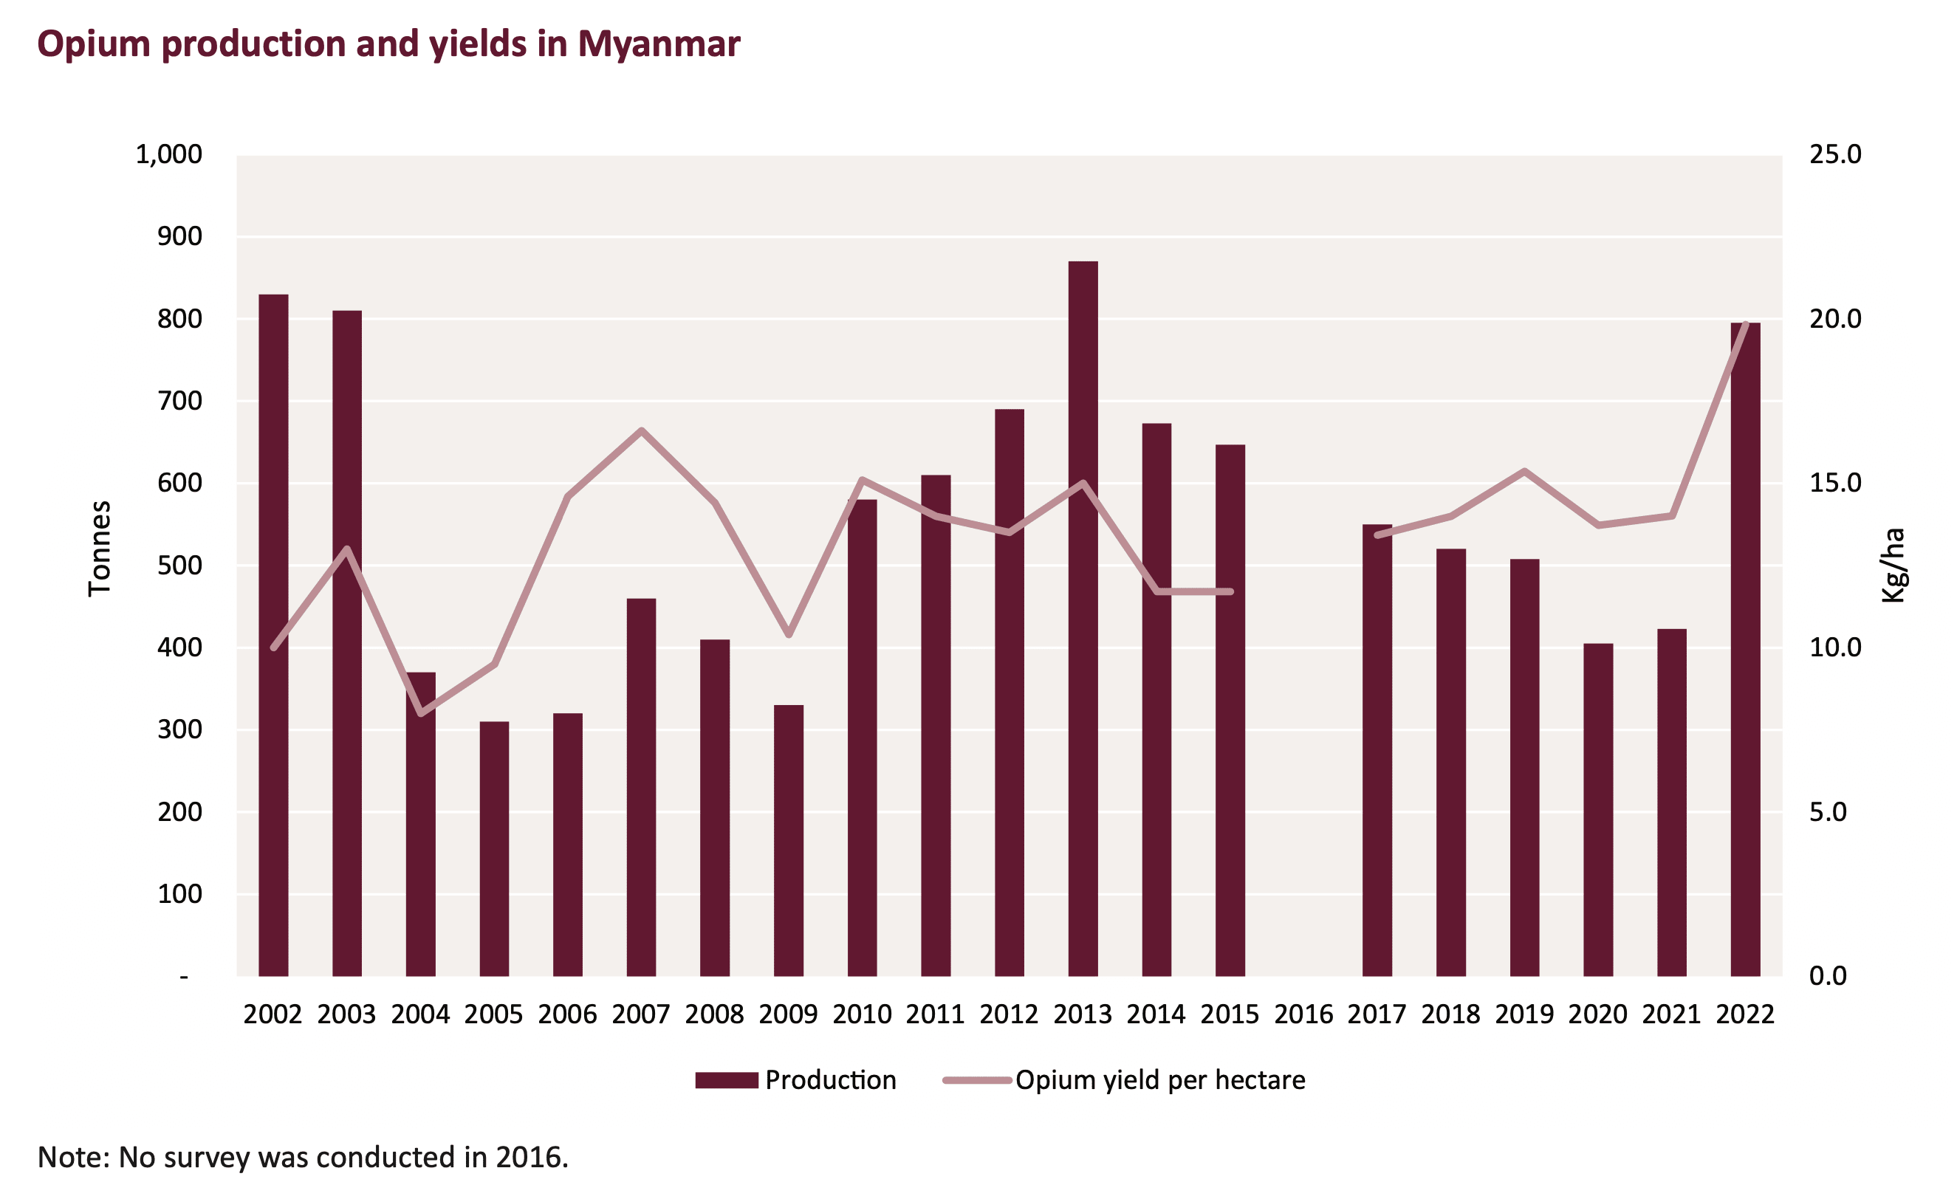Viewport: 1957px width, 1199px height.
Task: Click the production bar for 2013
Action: pos(1083,619)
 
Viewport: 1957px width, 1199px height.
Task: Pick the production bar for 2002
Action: pos(273,635)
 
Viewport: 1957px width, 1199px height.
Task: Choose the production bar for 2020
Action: pos(1598,810)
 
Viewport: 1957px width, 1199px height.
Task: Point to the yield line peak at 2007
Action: pos(641,430)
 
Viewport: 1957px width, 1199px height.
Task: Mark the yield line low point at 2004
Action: pos(421,714)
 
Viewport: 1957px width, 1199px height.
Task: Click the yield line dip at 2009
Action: pos(789,635)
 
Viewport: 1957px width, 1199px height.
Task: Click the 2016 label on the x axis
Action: pos(1303,1014)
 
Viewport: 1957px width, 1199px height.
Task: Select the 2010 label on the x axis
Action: pos(862,1014)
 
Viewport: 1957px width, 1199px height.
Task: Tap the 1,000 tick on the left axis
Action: pos(168,154)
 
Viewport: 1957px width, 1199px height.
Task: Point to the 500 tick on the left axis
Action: pos(179,566)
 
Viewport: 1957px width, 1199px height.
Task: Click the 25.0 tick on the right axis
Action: pos(1834,154)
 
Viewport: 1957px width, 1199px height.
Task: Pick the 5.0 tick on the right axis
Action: pos(1828,811)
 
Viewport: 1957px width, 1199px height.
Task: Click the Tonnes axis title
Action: pos(99,548)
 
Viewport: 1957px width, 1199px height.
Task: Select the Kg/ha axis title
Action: pos(1893,566)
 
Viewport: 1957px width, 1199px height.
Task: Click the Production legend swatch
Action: pos(726,1080)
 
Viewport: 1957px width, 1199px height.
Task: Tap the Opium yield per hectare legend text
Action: pos(1159,1080)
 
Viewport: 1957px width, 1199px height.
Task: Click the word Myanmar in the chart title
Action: pos(659,44)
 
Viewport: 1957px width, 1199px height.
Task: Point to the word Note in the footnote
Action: pos(72,1157)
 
